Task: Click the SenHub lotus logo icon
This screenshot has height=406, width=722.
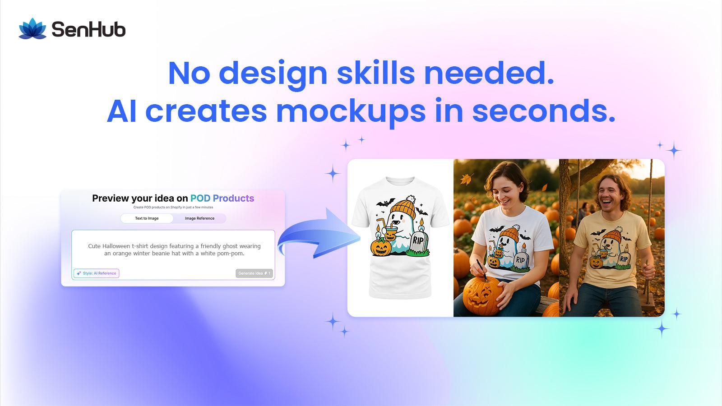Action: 32,29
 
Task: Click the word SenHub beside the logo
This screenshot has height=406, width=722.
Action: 88,30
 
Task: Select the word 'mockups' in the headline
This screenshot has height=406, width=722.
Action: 351,111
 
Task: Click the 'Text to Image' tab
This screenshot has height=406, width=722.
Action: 147,218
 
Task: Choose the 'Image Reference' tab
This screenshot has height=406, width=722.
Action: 199,218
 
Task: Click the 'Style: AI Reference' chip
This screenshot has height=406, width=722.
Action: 97,273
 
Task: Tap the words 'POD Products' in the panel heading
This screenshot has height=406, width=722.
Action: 222,198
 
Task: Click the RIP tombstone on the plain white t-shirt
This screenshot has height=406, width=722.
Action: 418,241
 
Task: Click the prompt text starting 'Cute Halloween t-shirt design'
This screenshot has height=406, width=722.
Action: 174,249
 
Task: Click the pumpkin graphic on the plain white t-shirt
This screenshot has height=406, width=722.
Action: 380,248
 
